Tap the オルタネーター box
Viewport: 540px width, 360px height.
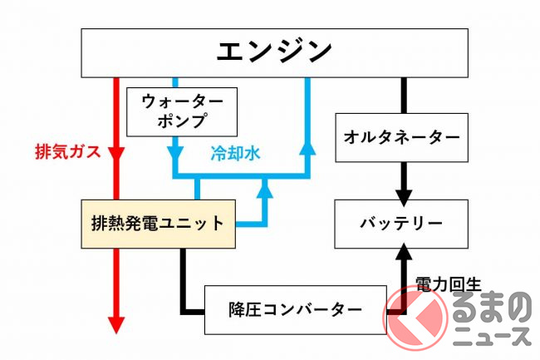(400, 134)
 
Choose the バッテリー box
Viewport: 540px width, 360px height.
(400, 223)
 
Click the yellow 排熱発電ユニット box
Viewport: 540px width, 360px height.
(159, 223)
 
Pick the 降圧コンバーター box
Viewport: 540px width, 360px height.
(295, 310)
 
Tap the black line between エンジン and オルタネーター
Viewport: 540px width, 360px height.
(404, 95)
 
